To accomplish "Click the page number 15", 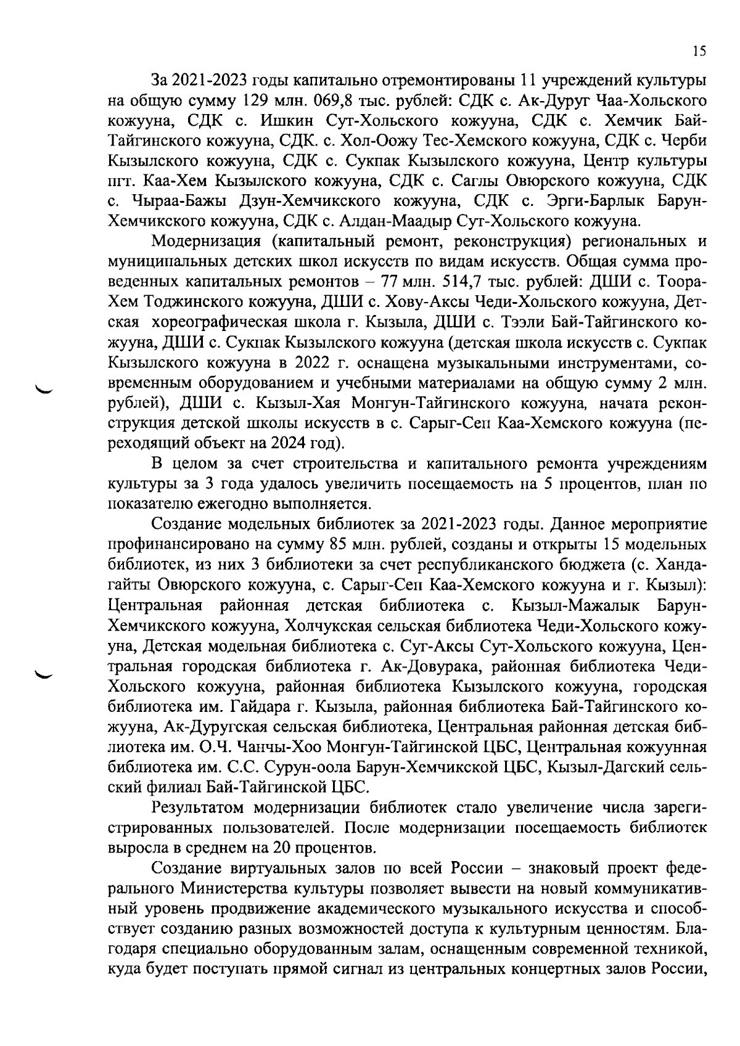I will point(699,52).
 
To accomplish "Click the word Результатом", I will point(198,807).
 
